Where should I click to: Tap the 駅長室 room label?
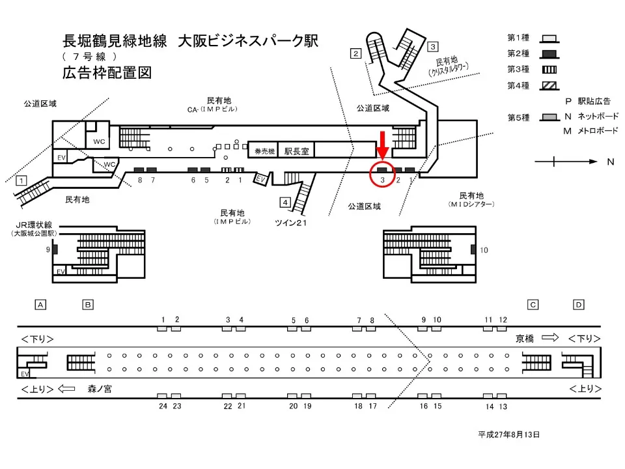[296, 150]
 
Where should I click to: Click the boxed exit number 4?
[285, 201]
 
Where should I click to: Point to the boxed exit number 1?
[21, 180]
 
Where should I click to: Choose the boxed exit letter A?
[40, 304]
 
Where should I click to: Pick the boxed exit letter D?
[579, 304]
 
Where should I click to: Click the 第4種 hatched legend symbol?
[548, 86]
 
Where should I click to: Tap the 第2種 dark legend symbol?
[548, 53]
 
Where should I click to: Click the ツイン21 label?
[290, 223]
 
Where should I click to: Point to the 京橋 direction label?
[525, 338]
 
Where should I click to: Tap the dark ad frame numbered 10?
[473, 249]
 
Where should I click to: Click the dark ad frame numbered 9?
[55, 249]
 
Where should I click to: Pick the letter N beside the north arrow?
[610, 162]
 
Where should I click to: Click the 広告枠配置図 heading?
[107, 73]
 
